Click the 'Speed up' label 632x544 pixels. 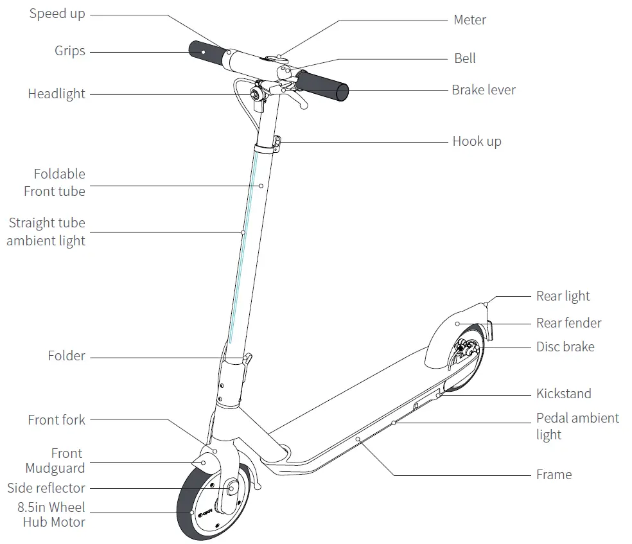57,14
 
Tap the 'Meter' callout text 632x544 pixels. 470,20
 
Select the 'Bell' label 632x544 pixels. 465,58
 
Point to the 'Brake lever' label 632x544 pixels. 483,90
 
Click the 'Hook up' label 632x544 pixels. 477,141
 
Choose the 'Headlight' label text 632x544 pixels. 57,94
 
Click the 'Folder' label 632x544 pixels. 66,356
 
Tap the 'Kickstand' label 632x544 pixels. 563,394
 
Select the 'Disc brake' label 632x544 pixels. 565,347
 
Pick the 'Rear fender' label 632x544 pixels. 568,323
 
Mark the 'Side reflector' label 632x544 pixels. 46,488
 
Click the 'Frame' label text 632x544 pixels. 554,475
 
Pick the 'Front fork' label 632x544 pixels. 57,420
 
